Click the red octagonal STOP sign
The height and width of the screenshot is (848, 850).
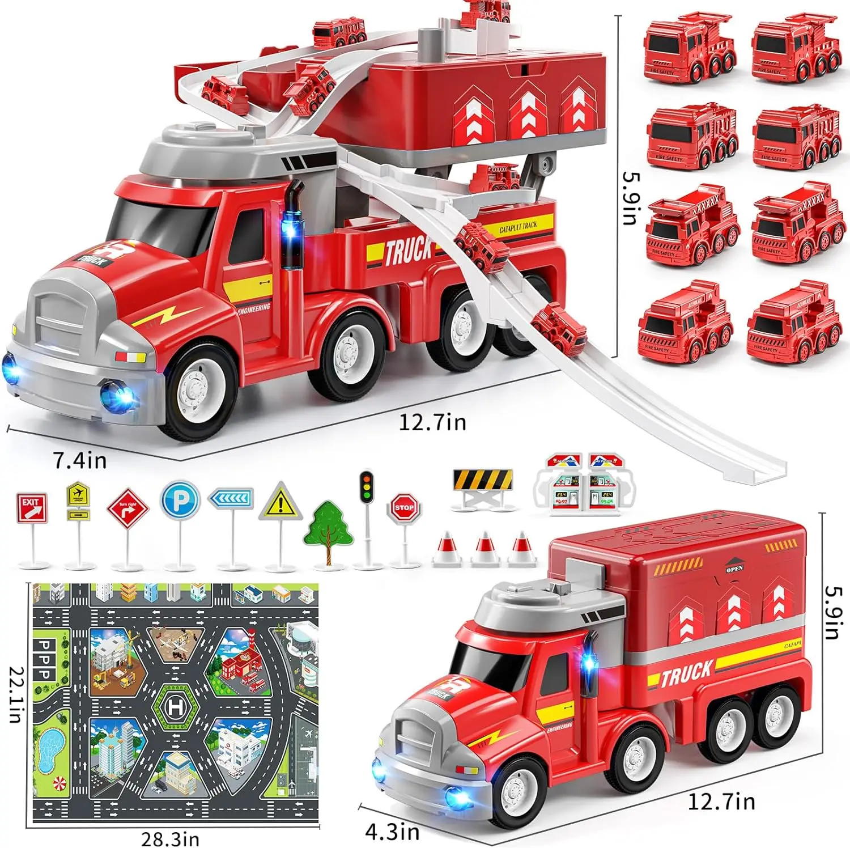(404, 507)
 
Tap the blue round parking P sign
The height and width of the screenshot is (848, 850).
(180, 499)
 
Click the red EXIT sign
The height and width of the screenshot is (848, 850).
(32, 508)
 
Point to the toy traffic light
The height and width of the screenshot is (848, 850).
(367, 487)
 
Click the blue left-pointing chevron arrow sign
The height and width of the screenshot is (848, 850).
(231, 498)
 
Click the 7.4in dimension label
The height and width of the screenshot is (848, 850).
(80, 460)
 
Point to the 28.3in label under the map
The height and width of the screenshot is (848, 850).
(170, 838)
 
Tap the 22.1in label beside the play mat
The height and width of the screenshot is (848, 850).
(15, 694)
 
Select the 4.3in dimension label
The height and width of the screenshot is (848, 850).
(392, 832)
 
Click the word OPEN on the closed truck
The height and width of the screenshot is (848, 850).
(734, 568)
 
